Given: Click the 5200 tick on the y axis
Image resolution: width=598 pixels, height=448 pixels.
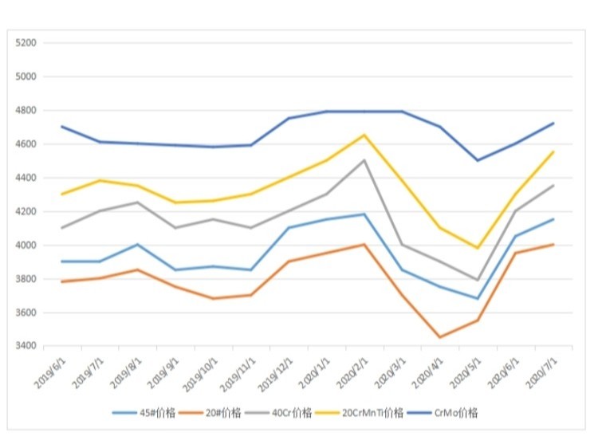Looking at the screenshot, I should [x=26, y=43].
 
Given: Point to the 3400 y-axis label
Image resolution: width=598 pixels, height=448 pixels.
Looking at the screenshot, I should [x=26, y=346].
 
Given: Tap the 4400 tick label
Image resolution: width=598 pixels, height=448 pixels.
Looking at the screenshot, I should [x=26, y=178].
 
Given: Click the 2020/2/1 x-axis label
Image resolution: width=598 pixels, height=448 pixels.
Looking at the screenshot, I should [x=350, y=371].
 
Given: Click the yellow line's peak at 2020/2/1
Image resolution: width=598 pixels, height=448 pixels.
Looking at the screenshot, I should [x=364, y=136].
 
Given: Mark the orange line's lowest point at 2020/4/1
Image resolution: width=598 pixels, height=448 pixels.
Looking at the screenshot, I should [x=439, y=337].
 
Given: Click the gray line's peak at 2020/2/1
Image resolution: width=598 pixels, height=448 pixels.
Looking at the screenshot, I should [x=364, y=160].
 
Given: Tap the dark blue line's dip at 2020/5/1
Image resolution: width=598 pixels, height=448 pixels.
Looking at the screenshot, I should [x=478, y=160].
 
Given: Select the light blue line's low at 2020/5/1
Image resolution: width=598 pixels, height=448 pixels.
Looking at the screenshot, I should [x=478, y=299].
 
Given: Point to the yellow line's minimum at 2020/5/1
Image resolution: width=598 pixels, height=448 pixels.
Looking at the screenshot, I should [x=478, y=248].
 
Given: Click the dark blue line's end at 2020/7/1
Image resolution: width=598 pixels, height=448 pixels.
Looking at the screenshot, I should [x=553, y=124].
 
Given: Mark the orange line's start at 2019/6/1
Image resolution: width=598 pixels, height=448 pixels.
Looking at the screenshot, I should [x=62, y=281].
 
